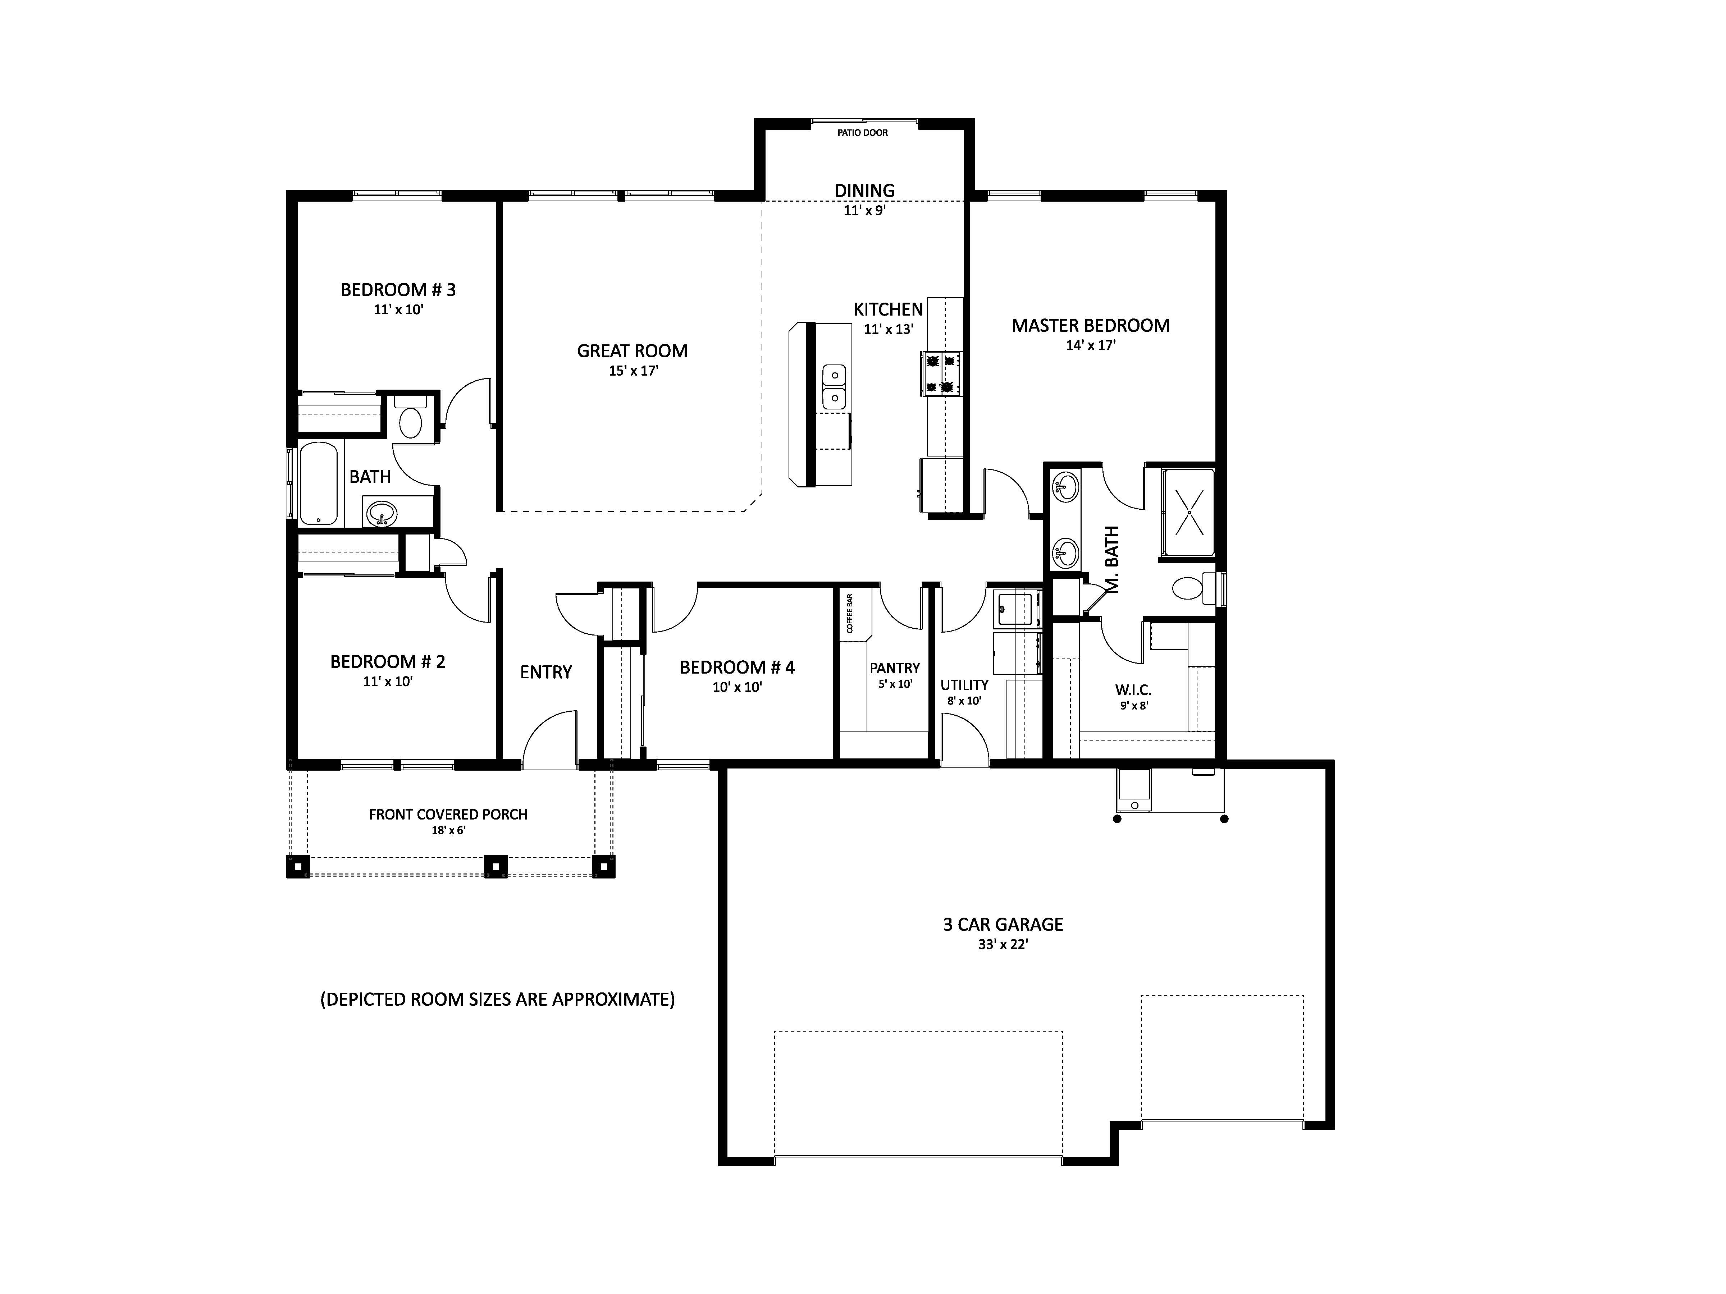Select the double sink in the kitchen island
click(x=834, y=387)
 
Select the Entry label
click(x=546, y=671)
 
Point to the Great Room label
click(x=632, y=351)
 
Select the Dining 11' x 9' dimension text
click(x=864, y=211)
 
